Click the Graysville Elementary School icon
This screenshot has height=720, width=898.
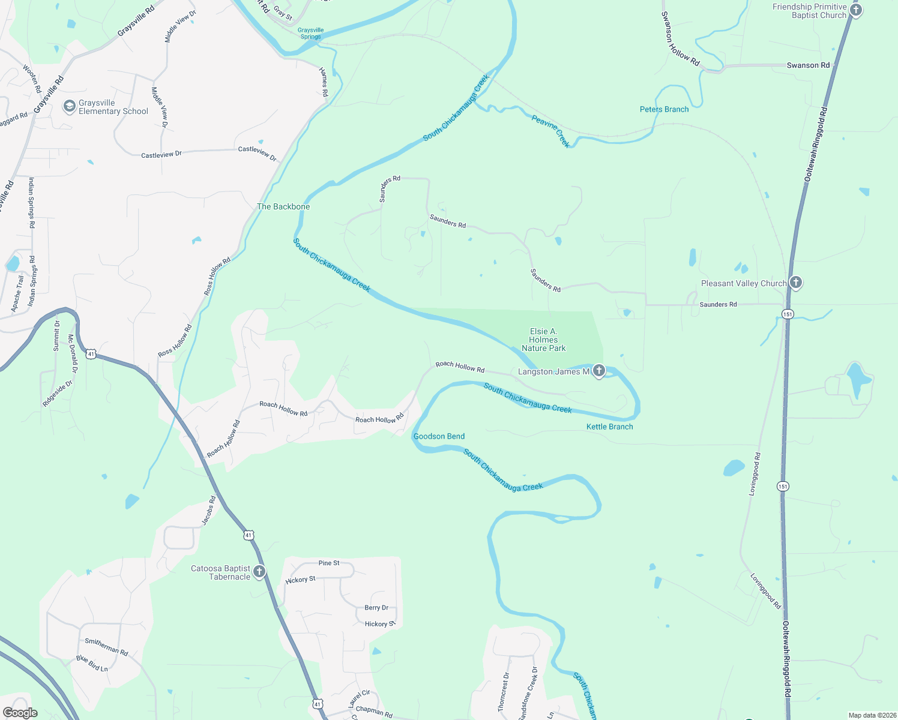click(x=69, y=107)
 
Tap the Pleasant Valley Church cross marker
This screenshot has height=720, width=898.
click(x=795, y=283)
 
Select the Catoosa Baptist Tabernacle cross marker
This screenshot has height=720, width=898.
click(x=259, y=571)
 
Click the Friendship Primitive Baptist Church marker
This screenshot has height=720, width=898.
click(x=856, y=10)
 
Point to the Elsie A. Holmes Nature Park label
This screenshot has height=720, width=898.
click(x=543, y=340)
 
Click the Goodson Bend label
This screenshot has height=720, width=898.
click(x=439, y=436)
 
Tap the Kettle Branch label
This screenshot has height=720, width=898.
click(x=609, y=427)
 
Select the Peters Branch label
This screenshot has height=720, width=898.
click(x=664, y=109)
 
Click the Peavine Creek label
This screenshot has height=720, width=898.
click(x=550, y=131)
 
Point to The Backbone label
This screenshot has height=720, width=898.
click(x=283, y=206)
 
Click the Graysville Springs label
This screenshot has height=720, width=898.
click(x=310, y=33)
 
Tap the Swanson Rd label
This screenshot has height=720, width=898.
click(x=808, y=65)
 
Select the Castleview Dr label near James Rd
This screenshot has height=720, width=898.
click(x=258, y=154)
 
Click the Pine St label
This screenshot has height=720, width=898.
click(x=329, y=563)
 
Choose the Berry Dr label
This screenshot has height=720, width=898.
click(x=376, y=608)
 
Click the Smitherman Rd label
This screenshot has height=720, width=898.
click(x=106, y=646)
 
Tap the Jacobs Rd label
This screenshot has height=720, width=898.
click(x=208, y=511)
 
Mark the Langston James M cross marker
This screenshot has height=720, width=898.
click(x=598, y=371)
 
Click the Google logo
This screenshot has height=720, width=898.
click(x=20, y=713)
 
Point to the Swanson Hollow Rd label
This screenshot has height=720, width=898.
click(x=680, y=39)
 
